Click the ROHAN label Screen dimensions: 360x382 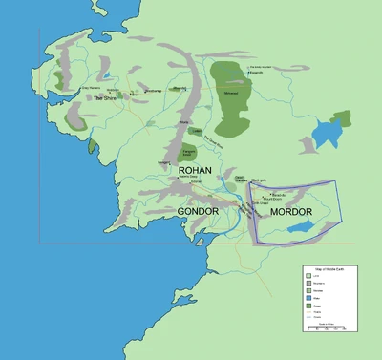[x=195, y=169]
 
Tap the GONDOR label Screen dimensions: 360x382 [x=200, y=210]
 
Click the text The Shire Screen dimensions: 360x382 [x=105, y=97]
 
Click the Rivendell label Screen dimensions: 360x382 [x=179, y=88]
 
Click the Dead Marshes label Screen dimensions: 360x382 [x=241, y=178]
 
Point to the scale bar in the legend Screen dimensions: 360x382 [x=327, y=326]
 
